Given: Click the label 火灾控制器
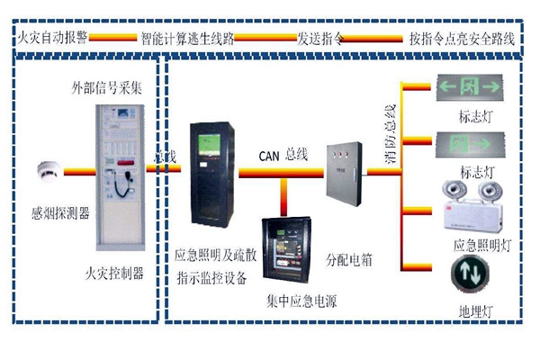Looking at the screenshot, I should click(114, 273).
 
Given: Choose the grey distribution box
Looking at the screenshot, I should click(343, 172).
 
